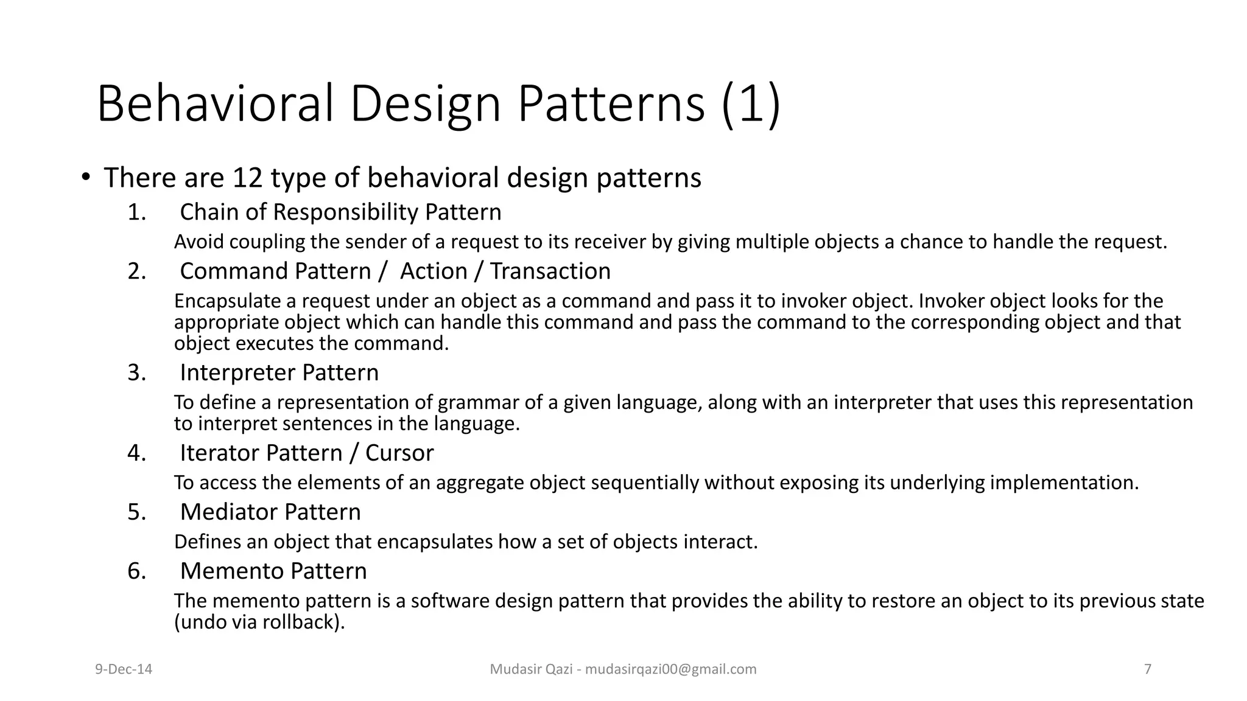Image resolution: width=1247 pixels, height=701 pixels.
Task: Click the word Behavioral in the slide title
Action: point(216,104)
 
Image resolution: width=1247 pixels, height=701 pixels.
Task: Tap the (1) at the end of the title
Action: point(750,104)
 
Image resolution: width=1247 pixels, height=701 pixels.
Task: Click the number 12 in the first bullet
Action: point(247,178)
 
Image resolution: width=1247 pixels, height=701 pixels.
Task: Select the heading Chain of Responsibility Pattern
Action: point(340,212)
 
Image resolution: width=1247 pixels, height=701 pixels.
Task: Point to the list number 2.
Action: point(136,271)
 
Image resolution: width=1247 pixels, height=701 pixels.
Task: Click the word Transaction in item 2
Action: point(550,271)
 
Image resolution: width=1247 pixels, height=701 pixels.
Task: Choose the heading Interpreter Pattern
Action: point(279,372)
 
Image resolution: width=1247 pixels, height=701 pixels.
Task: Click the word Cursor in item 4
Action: point(399,453)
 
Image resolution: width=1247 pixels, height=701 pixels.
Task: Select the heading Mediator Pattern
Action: point(270,512)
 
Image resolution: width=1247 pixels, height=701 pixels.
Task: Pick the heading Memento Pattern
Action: point(273,571)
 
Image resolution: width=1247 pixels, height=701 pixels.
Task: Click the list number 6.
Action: point(136,571)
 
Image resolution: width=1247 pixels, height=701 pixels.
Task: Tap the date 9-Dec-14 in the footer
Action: point(124,669)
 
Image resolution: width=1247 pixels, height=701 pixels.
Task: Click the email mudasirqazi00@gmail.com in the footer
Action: point(670,669)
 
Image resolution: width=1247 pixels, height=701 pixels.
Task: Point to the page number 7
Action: point(1148,669)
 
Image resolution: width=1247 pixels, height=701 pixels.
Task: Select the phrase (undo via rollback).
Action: point(259,623)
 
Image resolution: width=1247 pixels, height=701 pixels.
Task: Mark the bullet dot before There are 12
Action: point(86,178)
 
